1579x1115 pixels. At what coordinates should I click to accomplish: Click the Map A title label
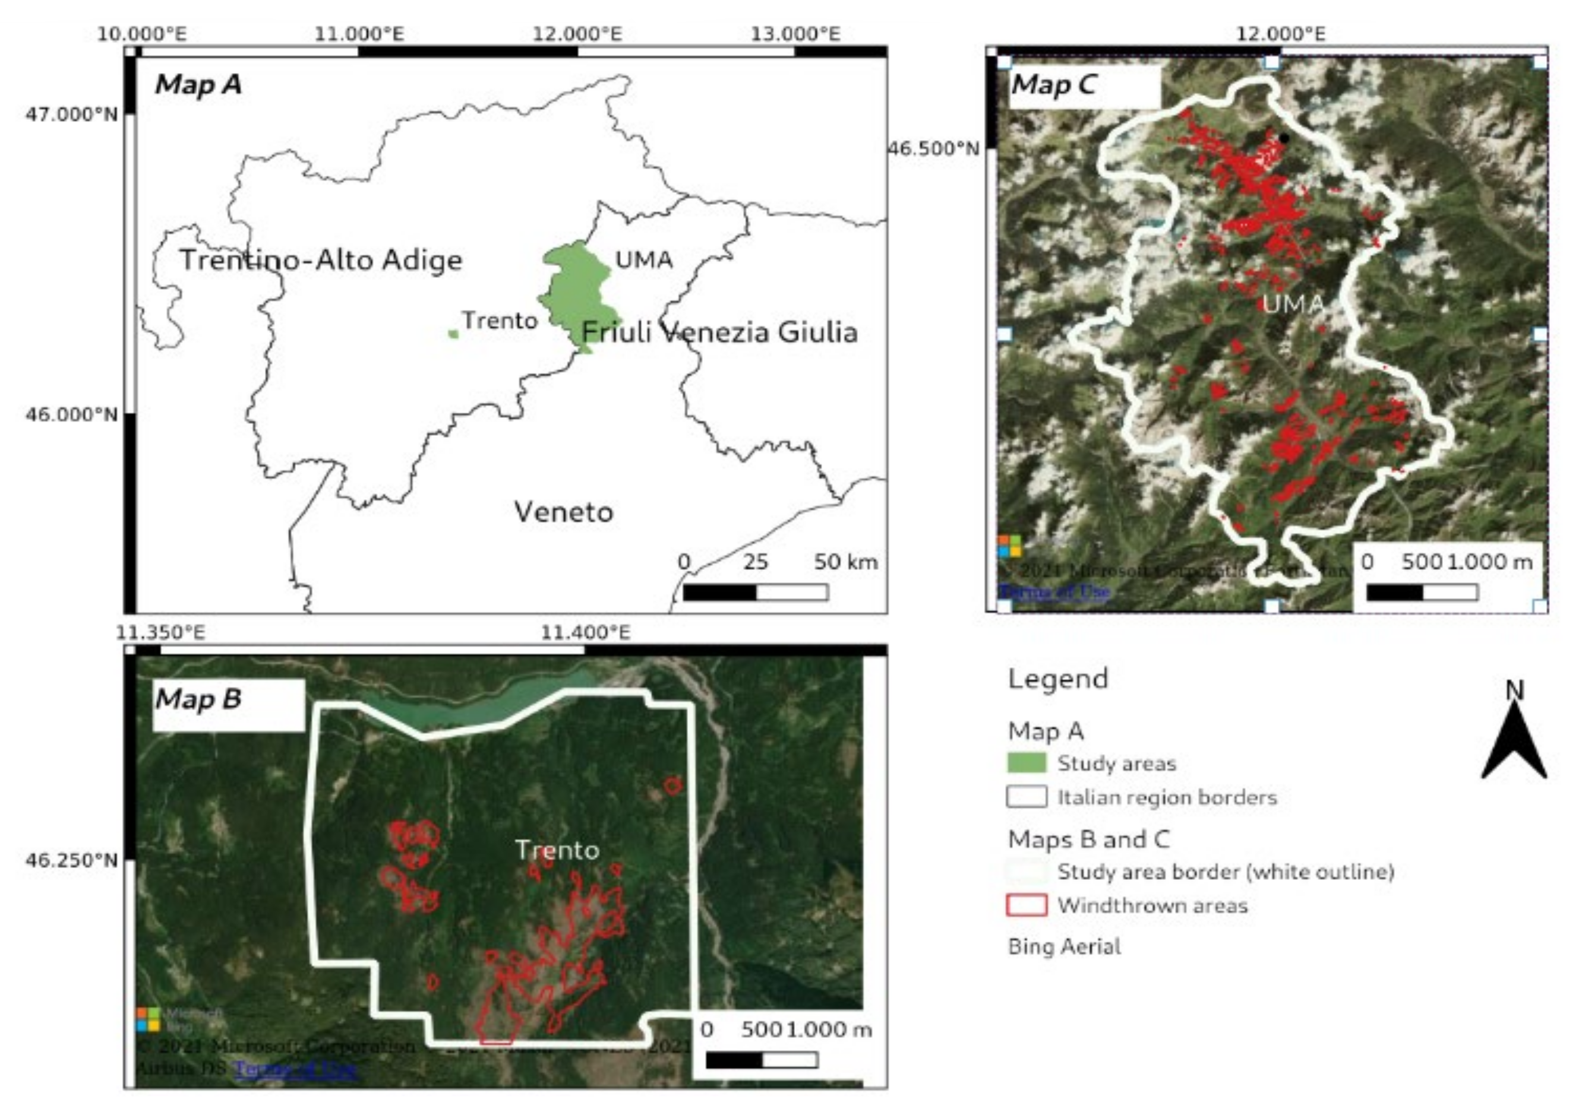[x=198, y=84]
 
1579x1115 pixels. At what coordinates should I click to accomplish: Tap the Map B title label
[x=198, y=699]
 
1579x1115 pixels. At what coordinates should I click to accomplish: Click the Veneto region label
[x=563, y=512]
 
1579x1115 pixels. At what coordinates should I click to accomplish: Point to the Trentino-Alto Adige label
[x=320, y=260]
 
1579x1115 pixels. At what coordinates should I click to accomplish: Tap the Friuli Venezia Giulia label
[x=719, y=332]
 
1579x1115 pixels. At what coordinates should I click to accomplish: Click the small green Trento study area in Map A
[x=453, y=334]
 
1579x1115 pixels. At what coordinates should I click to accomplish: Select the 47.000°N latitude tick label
[x=71, y=114]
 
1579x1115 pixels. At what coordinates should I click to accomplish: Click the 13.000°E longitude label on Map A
[x=795, y=34]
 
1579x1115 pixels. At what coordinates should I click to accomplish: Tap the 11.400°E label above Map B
[x=585, y=632]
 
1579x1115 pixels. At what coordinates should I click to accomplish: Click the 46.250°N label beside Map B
[x=71, y=859]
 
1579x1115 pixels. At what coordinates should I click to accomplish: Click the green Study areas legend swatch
[x=1026, y=763]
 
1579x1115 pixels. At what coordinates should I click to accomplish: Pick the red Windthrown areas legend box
[x=1026, y=905]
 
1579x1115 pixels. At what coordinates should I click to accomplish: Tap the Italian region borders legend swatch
[x=1026, y=797]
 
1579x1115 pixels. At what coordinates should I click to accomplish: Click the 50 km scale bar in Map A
[x=755, y=592]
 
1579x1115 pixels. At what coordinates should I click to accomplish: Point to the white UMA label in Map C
[x=1293, y=304]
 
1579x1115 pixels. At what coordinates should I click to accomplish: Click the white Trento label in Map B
[x=557, y=850]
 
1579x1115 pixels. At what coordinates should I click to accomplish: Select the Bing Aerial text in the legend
[x=1064, y=946]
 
